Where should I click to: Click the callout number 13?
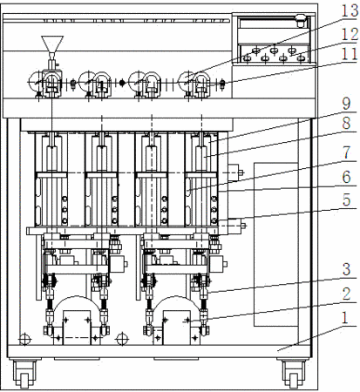(x=350, y=10)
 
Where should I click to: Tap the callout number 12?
(x=350, y=34)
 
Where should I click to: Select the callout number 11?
(x=349, y=54)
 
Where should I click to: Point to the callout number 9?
(x=346, y=104)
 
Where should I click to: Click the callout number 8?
(x=346, y=124)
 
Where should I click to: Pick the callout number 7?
(x=346, y=152)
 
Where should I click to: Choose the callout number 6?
(x=346, y=177)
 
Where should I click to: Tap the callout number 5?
(x=346, y=200)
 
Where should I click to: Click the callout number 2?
(x=346, y=294)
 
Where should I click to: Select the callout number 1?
(x=345, y=318)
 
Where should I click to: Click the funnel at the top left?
(x=52, y=44)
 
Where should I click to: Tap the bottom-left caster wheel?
(x=24, y=375)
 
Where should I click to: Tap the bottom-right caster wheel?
(x=294, y=375)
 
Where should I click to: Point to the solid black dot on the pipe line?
(x=122, y=83)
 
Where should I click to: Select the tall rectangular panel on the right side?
(x=276, y=245)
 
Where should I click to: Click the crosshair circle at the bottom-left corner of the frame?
(x=25, y=339)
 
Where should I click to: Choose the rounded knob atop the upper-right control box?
(x=301, y=19)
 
